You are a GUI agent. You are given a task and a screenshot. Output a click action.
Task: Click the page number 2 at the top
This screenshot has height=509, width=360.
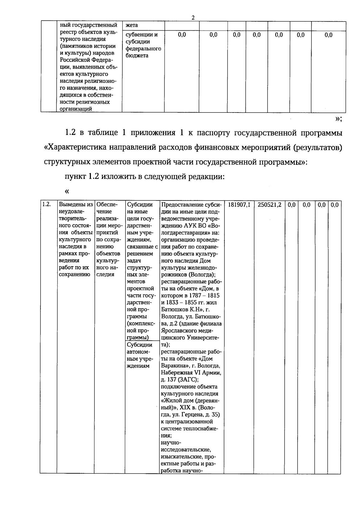[193, 18]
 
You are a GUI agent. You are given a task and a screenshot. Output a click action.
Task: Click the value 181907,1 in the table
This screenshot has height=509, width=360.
[239, 205]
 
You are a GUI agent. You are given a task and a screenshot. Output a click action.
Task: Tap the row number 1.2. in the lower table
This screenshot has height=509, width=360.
[46, 205]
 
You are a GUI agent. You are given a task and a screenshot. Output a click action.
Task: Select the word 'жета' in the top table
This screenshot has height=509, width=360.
[132, 25]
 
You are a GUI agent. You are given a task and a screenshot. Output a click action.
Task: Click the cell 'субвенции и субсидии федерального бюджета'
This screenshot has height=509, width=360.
[143, 45]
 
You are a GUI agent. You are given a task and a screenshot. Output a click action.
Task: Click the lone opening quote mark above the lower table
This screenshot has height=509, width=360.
[67, 191]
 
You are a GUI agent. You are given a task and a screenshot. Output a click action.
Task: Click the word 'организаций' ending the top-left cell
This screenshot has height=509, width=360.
[76, 109]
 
